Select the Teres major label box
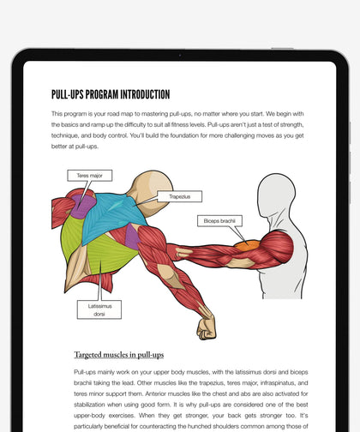pyautogui.click(x=89, y=176)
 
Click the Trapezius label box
pyautogui.click(x=179, y=196)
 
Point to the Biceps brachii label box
pyautogui.click(x=219, y=220)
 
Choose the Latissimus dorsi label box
pyautogui.click(x=99, y=309)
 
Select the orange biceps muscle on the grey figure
pyautogui.click(x=247, y=245)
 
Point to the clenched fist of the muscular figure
pyautogui.click(x=207, y=328)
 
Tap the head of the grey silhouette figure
pyautogui.click(x=276, y=198)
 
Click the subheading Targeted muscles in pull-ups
pyautogui.click(x=119, y=354)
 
